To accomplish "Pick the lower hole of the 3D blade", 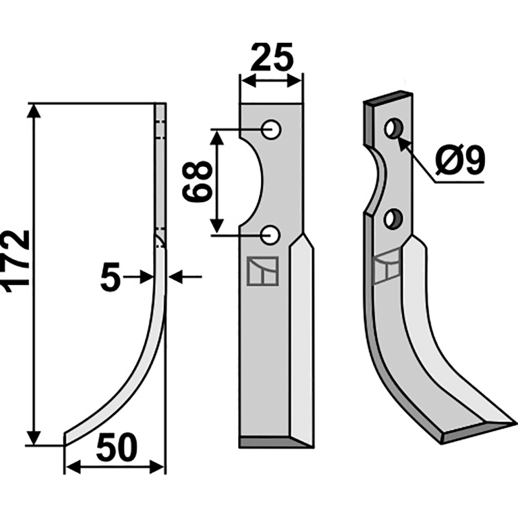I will click(392, 219).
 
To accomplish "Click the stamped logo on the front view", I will click(262, 271).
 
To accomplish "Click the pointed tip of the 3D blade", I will click(512, 423).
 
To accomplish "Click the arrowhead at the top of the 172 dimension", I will click(34, 111).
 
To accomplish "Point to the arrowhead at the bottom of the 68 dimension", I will click(218, 227).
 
